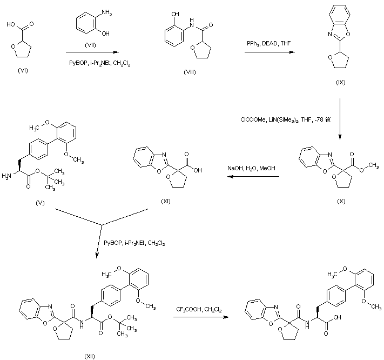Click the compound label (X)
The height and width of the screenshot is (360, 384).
341,201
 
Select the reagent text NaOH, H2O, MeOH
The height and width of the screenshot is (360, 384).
251,169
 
